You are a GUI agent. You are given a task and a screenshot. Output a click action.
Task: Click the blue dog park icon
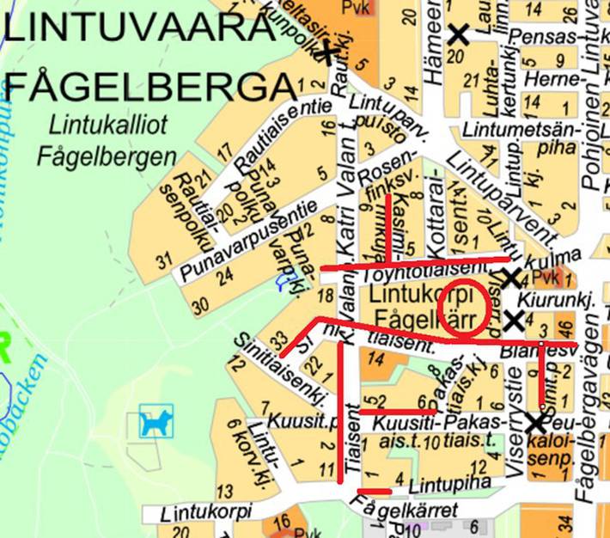coord(156,422)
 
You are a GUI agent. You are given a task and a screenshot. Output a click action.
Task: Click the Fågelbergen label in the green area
coord(106,157)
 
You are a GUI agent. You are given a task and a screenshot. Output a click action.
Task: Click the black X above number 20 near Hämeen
coord(459,34)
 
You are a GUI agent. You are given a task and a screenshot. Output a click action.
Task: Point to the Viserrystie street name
coord(514,396)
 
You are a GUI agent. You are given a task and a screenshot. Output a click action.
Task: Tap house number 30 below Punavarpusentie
coord(200,305)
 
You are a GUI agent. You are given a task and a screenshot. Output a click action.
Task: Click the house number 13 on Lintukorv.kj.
coord(225,492)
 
